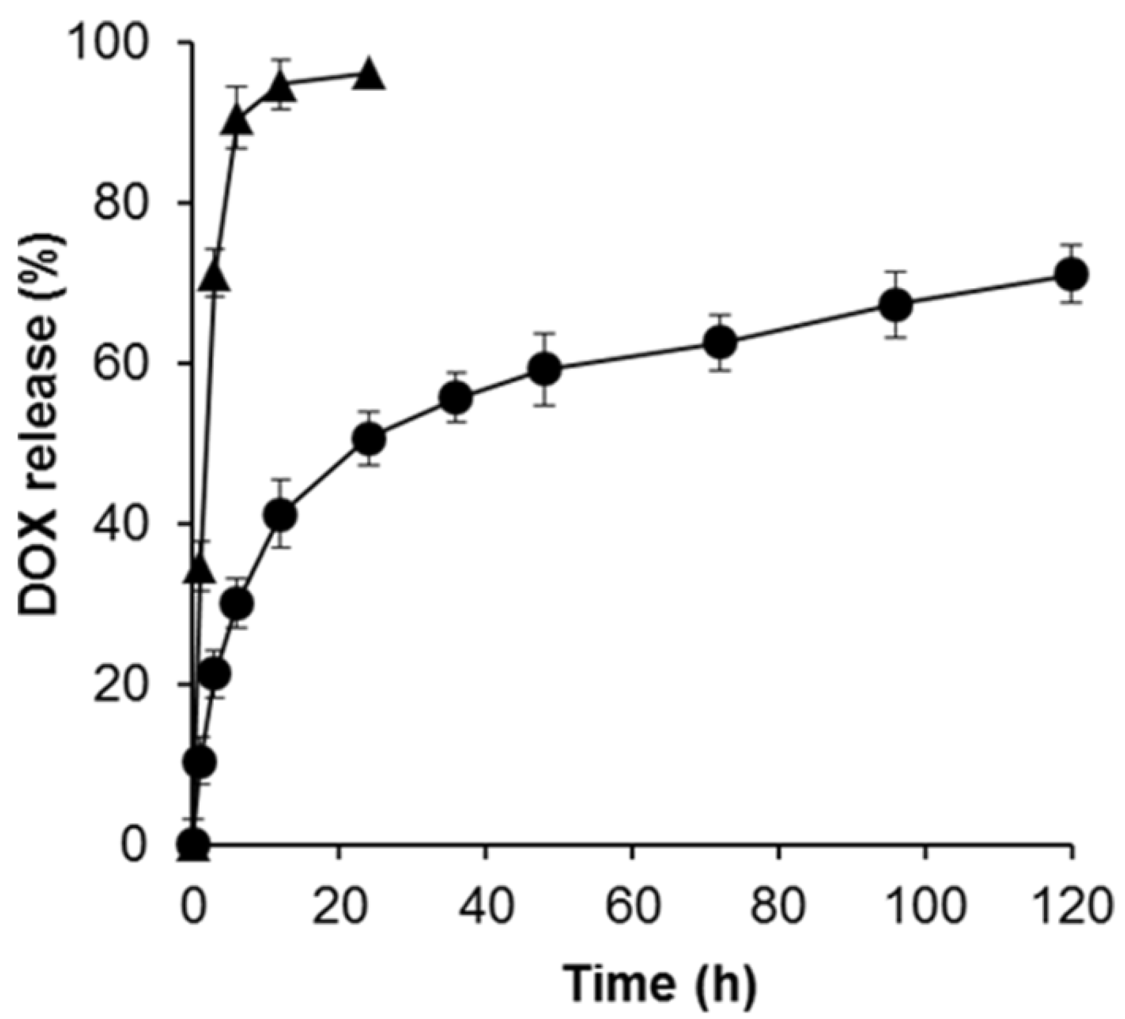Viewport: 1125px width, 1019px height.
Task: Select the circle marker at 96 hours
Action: (x=896, y=305)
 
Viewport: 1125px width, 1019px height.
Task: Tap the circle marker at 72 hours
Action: (x=722, y=342)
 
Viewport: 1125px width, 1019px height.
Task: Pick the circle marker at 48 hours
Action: (x=544, y=369)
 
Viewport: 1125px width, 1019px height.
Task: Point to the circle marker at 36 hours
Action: (x=456, y=398)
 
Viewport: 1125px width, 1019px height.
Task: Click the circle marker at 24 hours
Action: (x=369, y=439)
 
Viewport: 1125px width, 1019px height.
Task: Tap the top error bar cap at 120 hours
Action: (x=1071, y=245)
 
